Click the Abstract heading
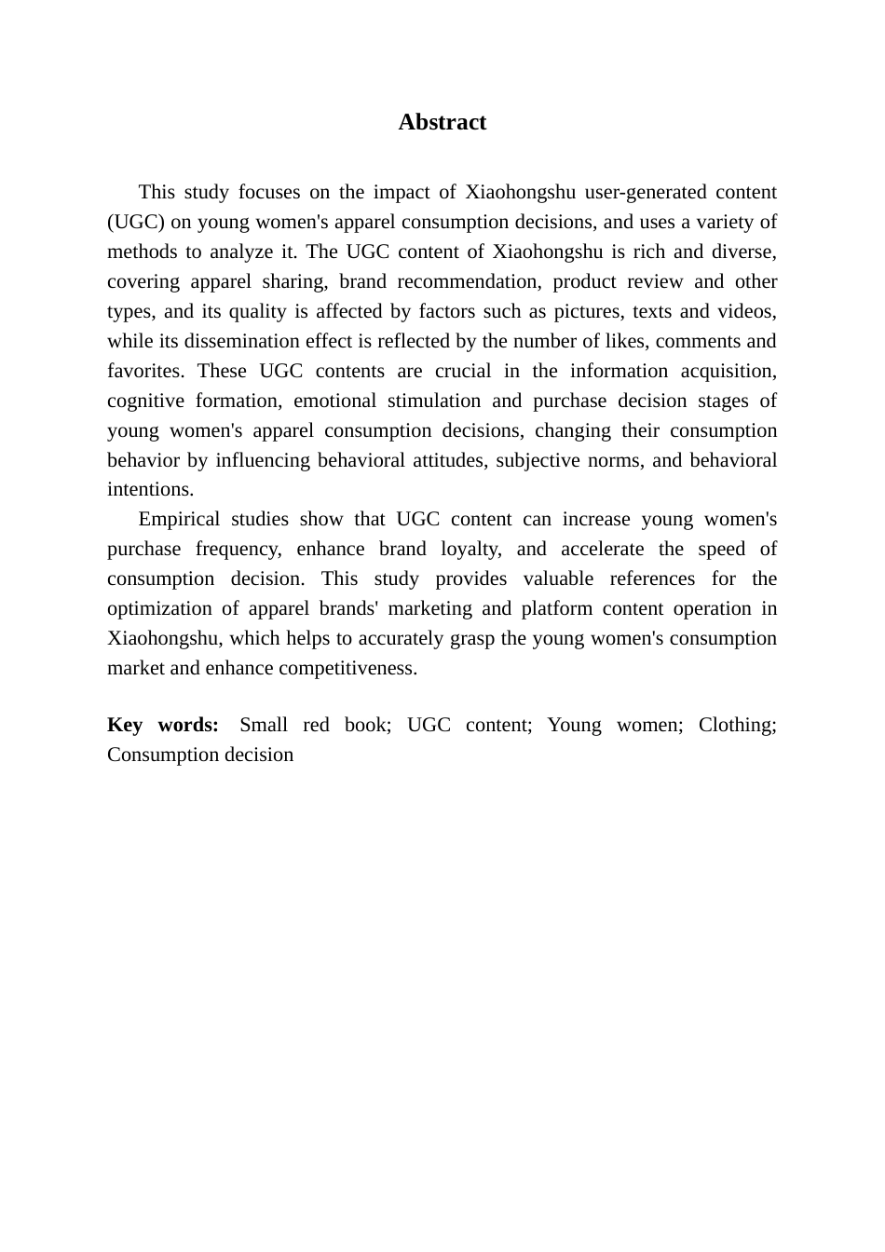click(x=442, y=122)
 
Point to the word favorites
click(x=144, y=371)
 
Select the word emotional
click(x=332, y=401)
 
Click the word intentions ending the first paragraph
click(x=150, y=489)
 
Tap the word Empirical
click(x=178, y=519)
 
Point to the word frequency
click(x=238, y=549)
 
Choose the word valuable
click(x=557, y=578)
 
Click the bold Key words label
click(x=162, y=725)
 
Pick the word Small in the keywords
click(x=264, y=725)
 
